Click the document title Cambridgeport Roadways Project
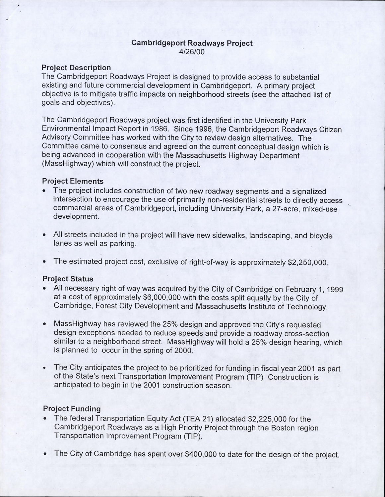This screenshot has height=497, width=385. pyautogui.click(x=192, y=43)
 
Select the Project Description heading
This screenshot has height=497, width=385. pyautogui.click(x=76, y=68)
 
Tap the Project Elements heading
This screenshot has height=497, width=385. pyautogui.click(x=73, y=181)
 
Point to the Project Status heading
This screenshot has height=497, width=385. pyautogui.click(x=68, y=279)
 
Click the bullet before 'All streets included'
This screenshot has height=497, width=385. pyautogui.click(x=45, y=235)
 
